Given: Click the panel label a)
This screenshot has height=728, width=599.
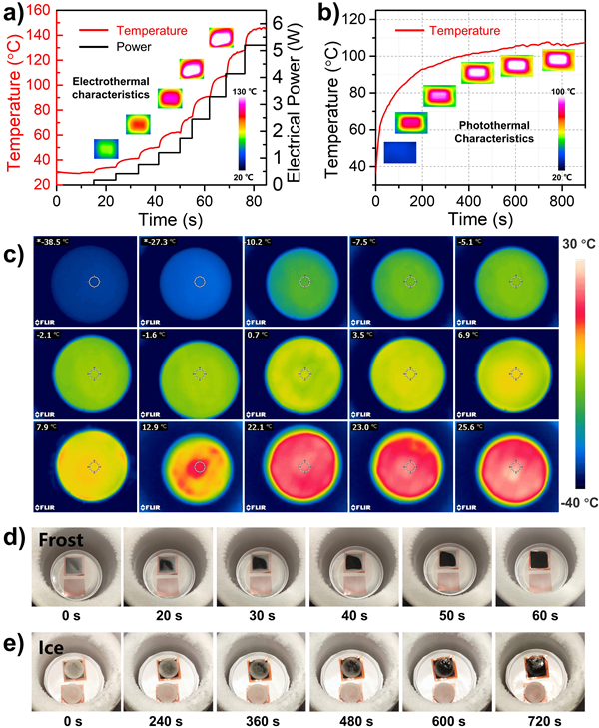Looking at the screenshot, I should click(x=14, y=14).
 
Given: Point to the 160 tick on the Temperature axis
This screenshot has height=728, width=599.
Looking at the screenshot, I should click(x=39, y=10).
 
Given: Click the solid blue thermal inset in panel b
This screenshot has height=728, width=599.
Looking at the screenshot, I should click(x=401, y=153).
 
